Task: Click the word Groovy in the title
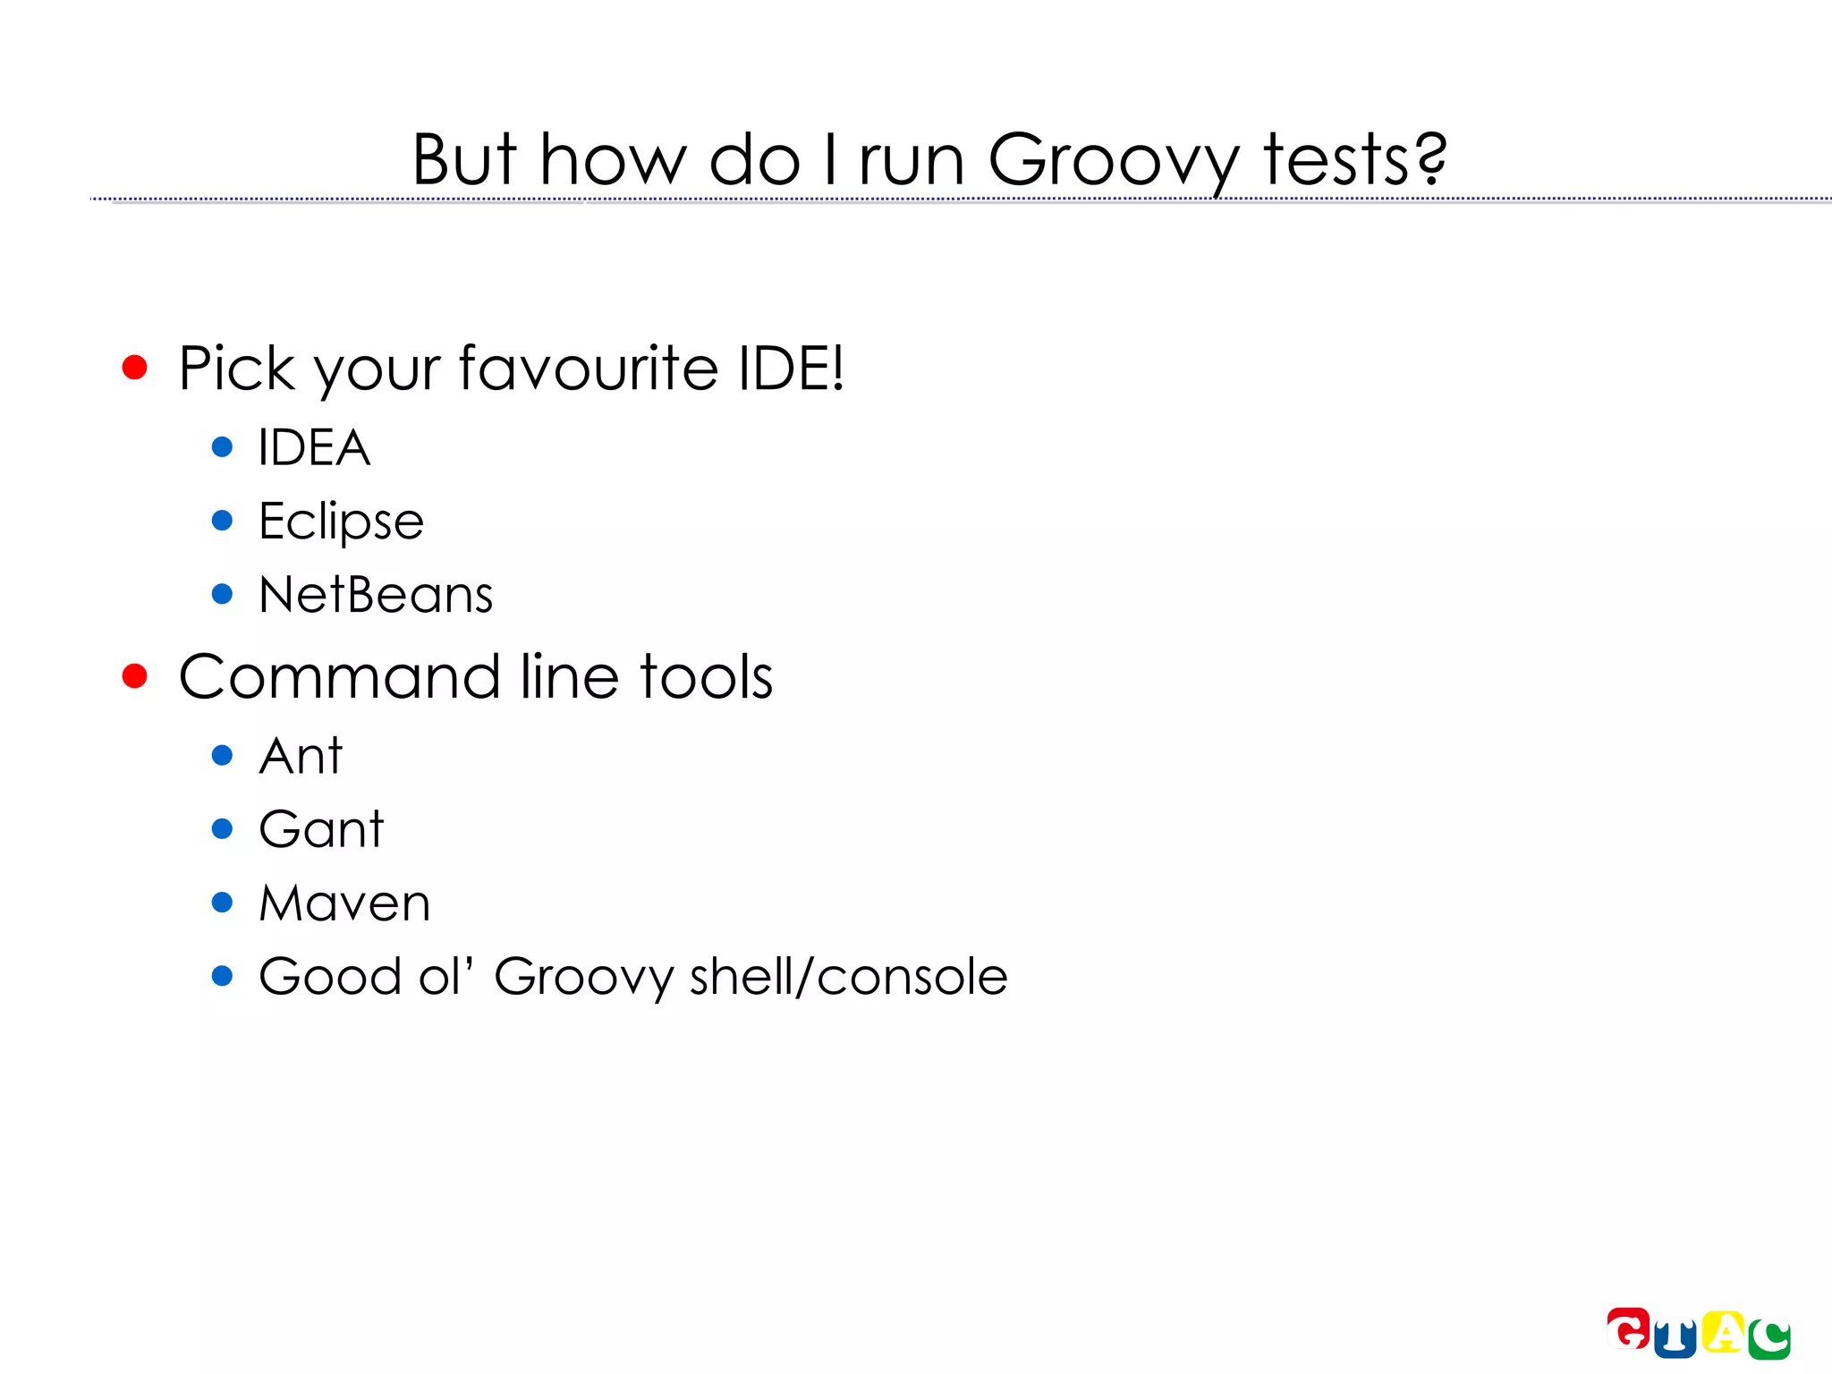point(1113,161)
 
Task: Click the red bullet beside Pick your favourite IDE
point(134,367)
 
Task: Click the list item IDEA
point(314,447)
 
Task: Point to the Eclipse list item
point(341,522)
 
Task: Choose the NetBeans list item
point(376,595)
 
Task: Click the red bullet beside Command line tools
point(134,676)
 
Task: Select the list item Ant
point(301,756)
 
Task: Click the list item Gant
point(321,829)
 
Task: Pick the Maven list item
point(344,903)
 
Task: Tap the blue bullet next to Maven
point(222,903)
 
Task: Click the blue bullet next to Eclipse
point(222,521)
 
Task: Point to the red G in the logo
point(1628,1328)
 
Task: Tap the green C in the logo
point(1770,1339)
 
